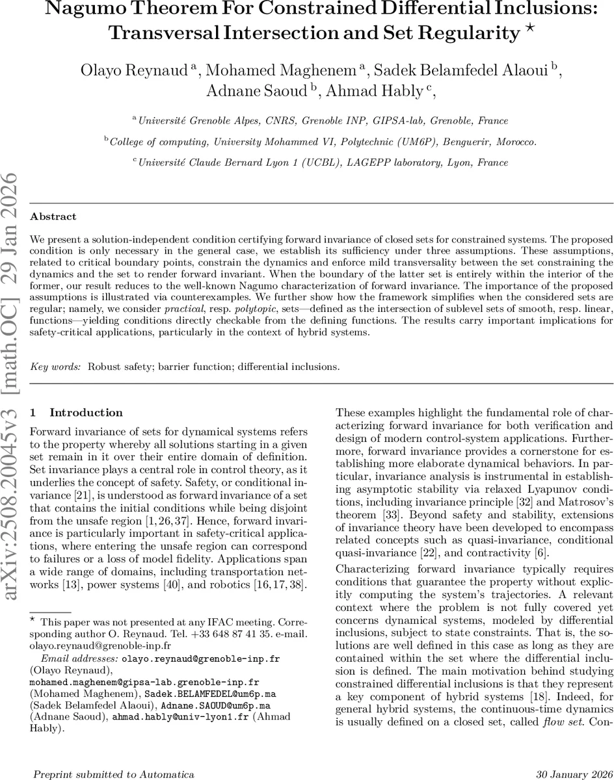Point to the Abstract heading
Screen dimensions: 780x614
click(53, 216)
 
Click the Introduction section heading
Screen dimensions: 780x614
click(86, 412)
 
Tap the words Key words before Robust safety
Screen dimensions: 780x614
click(56, 367)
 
